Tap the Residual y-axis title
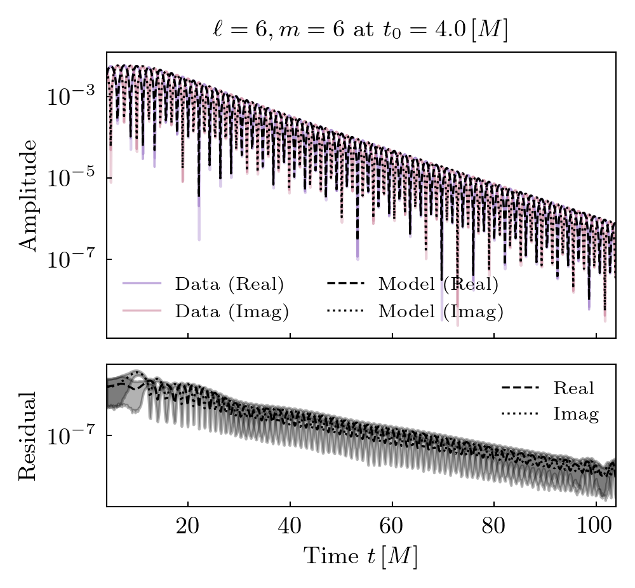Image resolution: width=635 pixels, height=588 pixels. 27,435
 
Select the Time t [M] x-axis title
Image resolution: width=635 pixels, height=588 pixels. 360,556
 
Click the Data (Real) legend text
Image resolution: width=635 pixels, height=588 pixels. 229,284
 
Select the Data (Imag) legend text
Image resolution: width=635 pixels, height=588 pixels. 232,311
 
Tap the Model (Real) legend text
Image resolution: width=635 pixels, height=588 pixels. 438,284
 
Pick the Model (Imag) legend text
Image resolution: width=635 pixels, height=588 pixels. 441,311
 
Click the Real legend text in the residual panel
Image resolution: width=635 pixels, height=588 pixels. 573,388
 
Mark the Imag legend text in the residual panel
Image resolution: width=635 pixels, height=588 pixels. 576,414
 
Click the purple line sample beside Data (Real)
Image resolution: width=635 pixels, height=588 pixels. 142,284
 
